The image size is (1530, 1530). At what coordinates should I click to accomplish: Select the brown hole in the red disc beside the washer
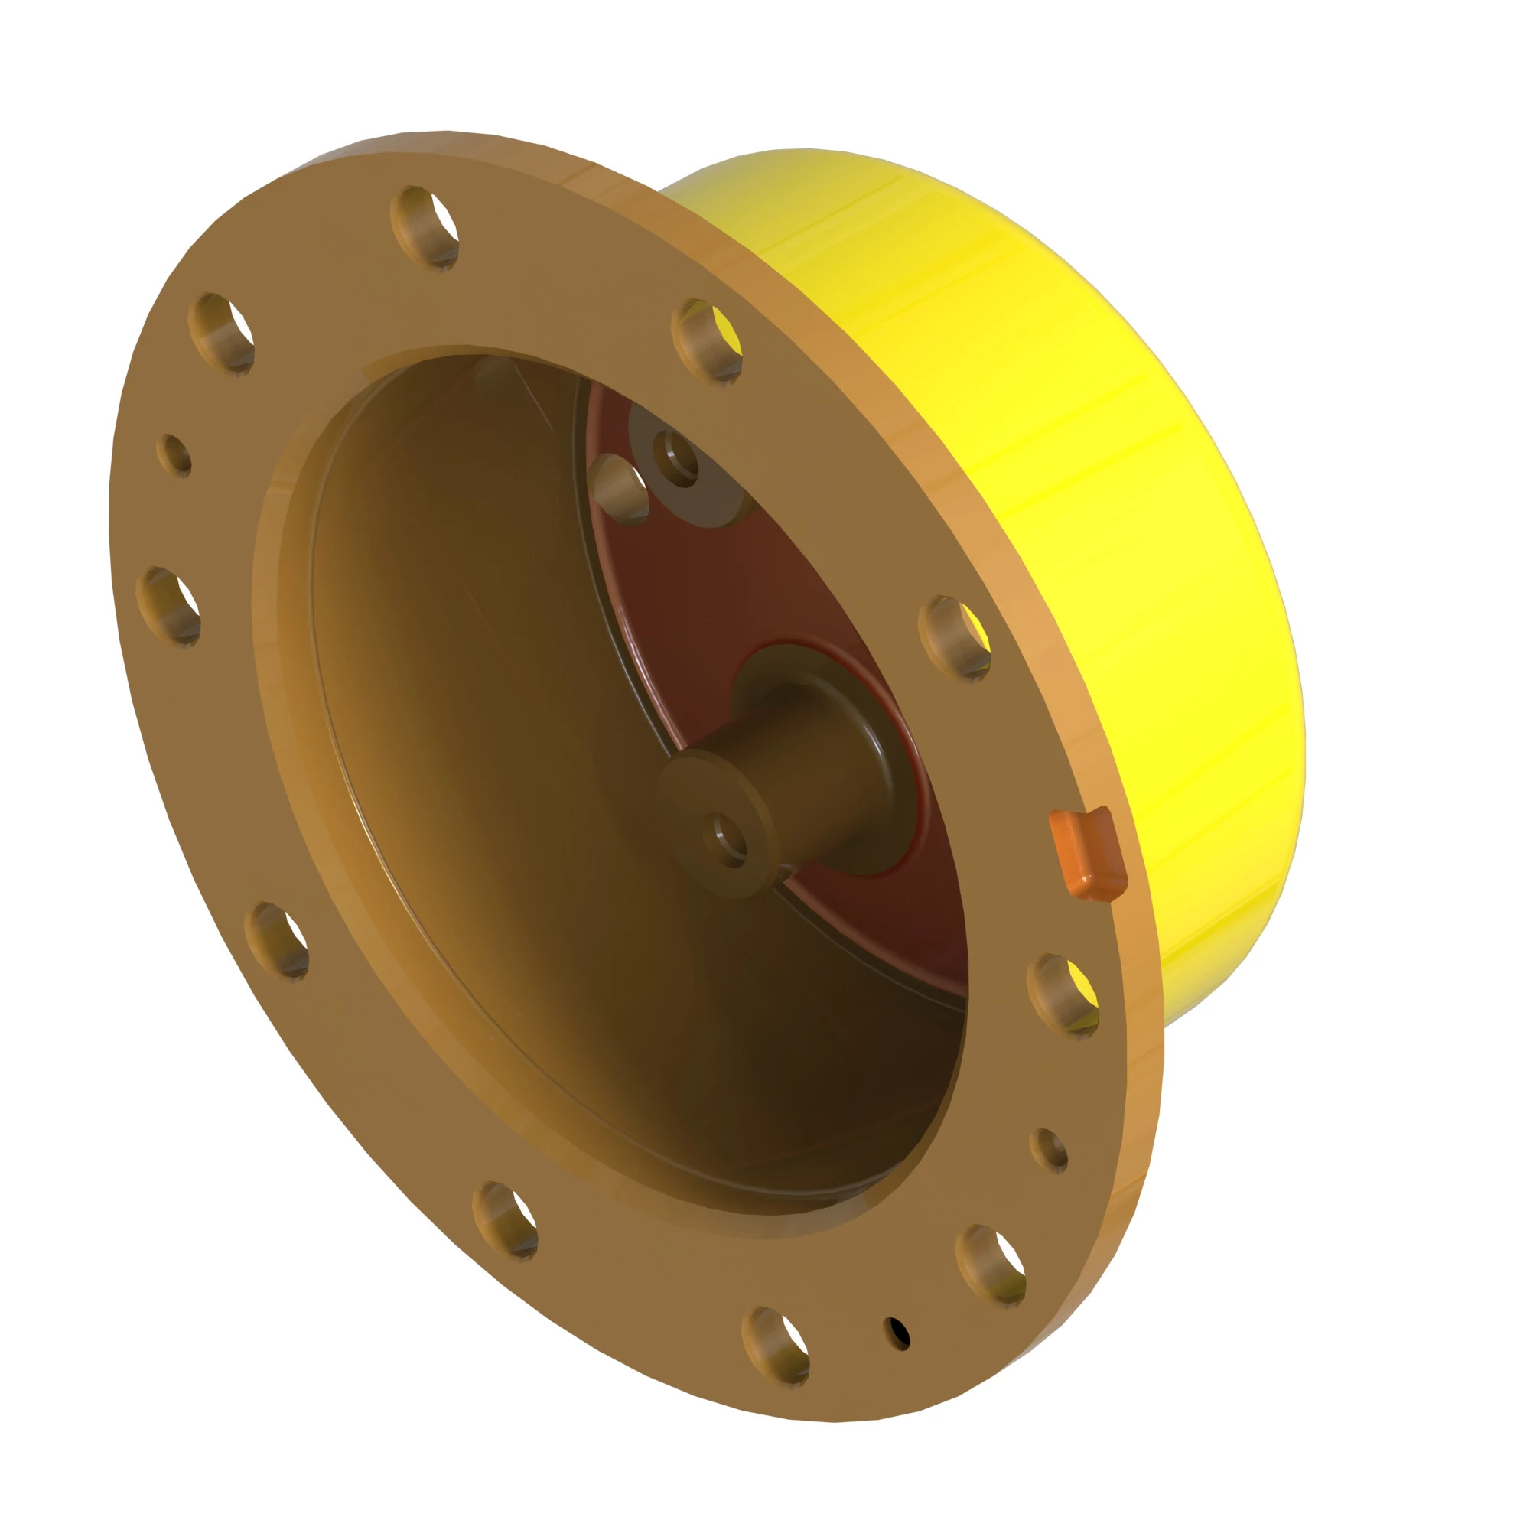(621, 489)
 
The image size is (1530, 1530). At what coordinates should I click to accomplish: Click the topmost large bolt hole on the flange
(426, 226)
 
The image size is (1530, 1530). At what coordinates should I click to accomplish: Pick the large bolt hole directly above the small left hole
(222, 332)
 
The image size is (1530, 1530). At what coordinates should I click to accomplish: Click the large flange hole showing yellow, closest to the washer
(707, 340)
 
